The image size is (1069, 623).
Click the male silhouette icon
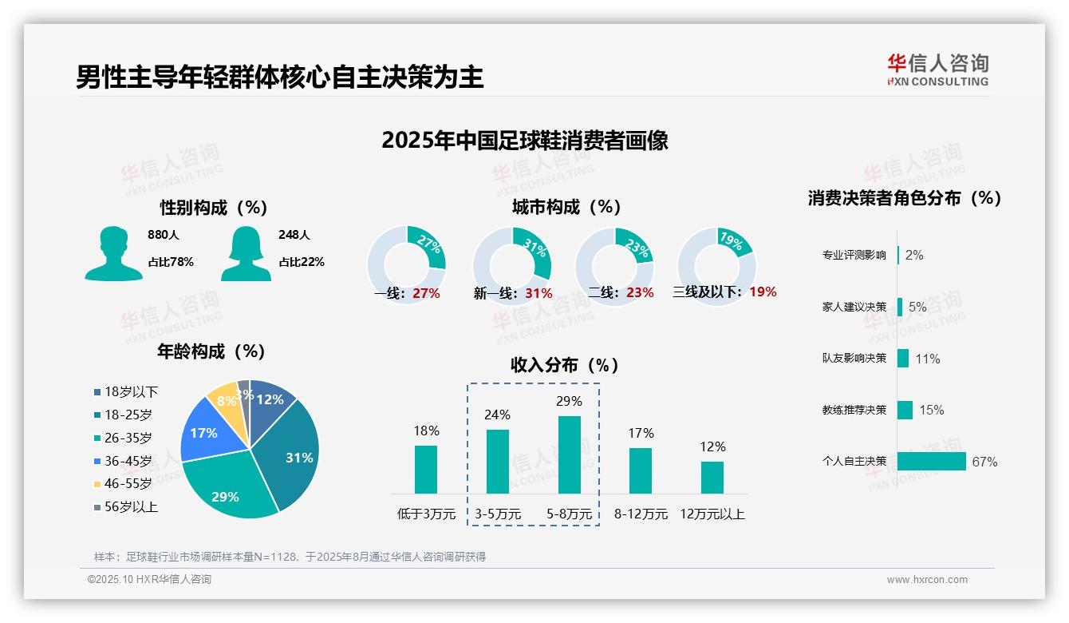click(x=113, y=254)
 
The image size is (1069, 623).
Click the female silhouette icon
click(x=246, y=254)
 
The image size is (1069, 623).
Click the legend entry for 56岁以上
click(x=126, y=507)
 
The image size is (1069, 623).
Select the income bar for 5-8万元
click(x=570, y=454)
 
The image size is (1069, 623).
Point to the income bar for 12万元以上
click(x=712, y=477)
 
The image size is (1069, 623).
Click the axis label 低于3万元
click(x=426, y=514)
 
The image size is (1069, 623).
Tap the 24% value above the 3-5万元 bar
click(x=498, y=415)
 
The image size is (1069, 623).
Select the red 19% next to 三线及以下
click(x=763, y=292)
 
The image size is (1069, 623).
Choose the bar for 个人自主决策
click(x=931, y=461)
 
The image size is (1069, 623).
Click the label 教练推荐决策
click(x=854, y=410)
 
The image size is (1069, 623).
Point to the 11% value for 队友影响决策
click(x=928, y=359)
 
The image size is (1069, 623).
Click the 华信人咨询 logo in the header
click(x=937, y=69)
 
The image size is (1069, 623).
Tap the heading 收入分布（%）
click(x=565, y=366)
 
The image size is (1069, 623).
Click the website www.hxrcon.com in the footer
click(x=926, y=580)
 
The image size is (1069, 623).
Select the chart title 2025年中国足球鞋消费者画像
click(x=524, y=141)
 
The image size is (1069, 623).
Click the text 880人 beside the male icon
click(x=164, y=235)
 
